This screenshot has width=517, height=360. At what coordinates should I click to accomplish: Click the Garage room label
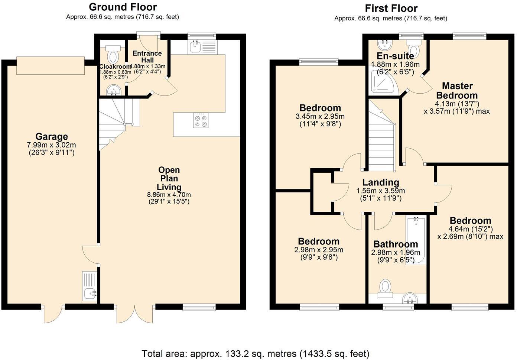coord(52,136)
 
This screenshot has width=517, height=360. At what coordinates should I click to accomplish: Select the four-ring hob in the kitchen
coord(201,121)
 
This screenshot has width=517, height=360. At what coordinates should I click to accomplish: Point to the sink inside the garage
coord(90,294)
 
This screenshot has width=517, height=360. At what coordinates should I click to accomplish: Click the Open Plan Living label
coord(169,179)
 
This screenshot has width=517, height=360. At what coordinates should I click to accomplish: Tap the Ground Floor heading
coord(123,7)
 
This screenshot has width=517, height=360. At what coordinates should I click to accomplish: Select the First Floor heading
coord(391,8)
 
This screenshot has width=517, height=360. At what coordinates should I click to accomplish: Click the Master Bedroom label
coord(457,91)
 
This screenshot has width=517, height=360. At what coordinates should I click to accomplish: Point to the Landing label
coord(381,182)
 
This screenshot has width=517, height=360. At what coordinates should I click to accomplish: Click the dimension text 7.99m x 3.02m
coord(52,145)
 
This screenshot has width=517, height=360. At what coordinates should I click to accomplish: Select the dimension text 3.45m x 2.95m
coord(320,116)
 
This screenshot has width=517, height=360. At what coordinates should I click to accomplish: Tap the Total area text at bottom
coord(256,353)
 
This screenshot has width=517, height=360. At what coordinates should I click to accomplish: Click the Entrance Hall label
coord(147,56)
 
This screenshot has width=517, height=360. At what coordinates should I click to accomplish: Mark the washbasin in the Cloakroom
coord(113,90)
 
